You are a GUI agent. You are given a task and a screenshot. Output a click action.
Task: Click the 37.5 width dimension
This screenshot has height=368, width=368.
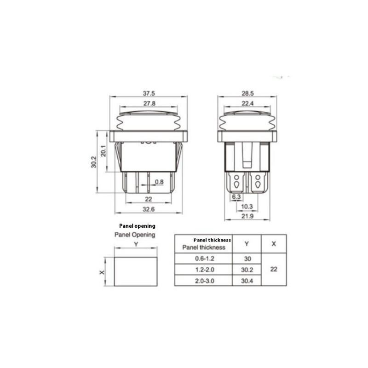(x=148, y=93)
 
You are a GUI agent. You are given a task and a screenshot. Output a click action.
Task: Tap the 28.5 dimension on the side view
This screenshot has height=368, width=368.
(x=248, y=93)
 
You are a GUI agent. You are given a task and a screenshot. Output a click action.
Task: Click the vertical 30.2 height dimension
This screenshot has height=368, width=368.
(x=93, y=162)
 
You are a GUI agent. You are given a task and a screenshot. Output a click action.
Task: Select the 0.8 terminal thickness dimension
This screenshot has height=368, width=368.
(x=159, y=182)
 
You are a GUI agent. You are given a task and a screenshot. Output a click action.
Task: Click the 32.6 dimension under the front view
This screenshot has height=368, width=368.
(x=148, y=209)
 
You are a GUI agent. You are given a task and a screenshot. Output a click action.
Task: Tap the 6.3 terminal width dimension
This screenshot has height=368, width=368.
(x=236, y=197)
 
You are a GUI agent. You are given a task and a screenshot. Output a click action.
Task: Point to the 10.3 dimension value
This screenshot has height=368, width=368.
(x=248, y=206)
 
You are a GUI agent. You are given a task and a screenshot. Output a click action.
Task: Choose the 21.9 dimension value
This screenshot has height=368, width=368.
(x=248, y=216)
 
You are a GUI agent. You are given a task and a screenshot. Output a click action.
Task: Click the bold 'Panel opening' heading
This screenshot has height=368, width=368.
(x=137, y=226)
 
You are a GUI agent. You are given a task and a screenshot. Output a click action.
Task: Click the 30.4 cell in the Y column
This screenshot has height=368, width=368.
(x=247, y=280)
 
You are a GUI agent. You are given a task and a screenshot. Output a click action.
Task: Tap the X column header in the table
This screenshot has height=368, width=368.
(x=274, y=244)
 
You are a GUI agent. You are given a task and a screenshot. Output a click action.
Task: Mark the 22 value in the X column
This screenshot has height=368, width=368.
(x=274, y=270)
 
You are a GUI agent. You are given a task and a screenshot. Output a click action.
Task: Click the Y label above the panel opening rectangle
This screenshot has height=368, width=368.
(x=136, y=244)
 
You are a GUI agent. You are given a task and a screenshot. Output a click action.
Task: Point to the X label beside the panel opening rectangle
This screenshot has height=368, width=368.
(x=102, y=272)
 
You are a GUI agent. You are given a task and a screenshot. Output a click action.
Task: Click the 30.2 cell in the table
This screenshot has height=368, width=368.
(x=247, y=270)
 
